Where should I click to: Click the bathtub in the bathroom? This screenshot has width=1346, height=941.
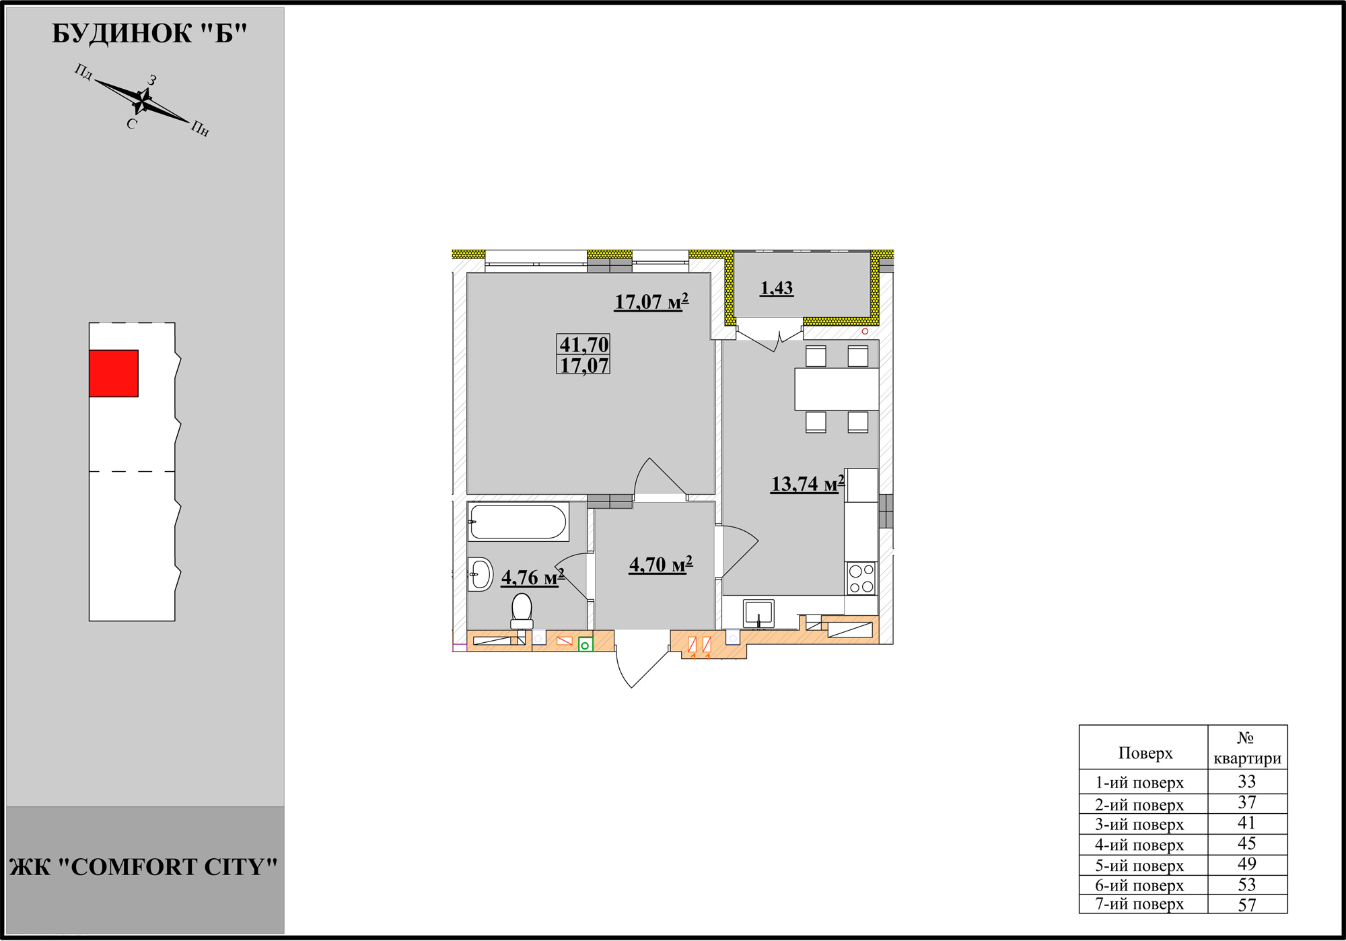(518, 522)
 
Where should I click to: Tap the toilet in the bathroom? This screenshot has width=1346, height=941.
(522, 611)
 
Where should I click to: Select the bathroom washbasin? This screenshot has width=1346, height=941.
(481, 574)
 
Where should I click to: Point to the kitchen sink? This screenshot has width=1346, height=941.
(758, 614)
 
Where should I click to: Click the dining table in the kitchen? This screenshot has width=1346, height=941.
(837, 389)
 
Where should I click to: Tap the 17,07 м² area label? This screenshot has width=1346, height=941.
(651, 302)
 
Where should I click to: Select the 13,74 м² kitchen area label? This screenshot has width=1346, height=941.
(808, 483)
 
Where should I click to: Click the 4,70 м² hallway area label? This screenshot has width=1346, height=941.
(661, 564)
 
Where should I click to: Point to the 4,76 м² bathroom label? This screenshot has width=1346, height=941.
(533, 577)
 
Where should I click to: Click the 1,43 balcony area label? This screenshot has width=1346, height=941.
(777, 288)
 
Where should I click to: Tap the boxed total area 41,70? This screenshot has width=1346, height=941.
(584, 344)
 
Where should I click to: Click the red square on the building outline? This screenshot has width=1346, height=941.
(114, 374)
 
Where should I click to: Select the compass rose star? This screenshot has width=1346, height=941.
(143, 101)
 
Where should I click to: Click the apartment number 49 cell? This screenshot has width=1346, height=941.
(1247, 864)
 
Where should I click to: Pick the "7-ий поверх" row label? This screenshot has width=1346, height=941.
(1139, 904)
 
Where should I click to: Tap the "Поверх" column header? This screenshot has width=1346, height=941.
(1145, 753)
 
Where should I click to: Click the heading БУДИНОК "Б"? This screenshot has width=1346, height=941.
(149, 34)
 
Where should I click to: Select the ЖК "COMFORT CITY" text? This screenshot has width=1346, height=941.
(144, 867)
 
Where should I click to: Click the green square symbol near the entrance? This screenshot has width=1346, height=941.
(586, 645)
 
